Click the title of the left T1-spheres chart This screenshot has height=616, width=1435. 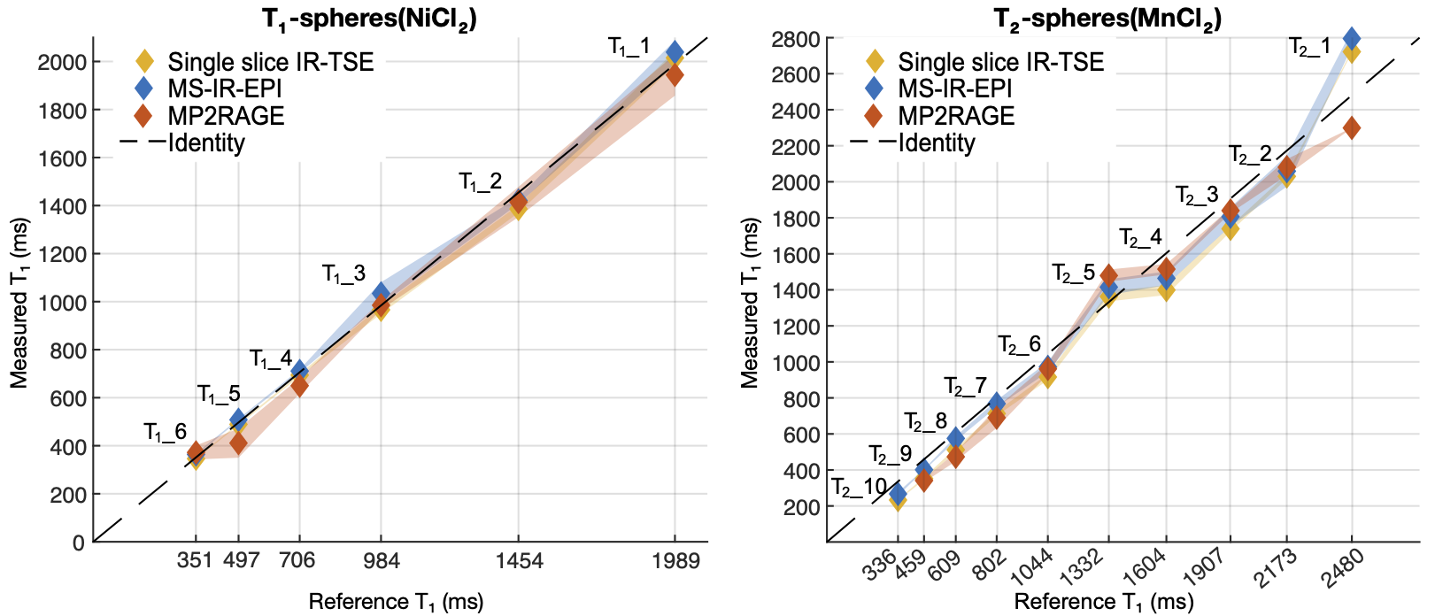click(369, 19)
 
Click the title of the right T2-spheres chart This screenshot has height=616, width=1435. click(1107, 19)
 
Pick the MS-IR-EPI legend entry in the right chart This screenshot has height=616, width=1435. click(955, 89)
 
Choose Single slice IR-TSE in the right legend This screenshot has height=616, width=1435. click(1000, 62)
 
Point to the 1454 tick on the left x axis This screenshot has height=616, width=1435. click(519, 560)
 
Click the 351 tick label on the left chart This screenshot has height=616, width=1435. click(195, 560)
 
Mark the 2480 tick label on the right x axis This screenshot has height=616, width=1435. click(1342, 567)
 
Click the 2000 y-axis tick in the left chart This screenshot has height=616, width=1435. click(61, 62)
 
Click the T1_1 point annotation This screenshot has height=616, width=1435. click(629, 47)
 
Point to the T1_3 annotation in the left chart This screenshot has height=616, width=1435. click(343, 274)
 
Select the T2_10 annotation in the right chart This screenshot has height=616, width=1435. click(859, 488)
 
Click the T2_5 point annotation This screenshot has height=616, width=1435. click(1074, 273)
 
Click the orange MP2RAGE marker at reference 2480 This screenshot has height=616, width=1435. click(1351, 128)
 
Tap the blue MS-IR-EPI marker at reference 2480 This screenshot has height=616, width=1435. click(1351, 39)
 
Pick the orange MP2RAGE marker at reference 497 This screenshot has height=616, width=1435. click(238, 443)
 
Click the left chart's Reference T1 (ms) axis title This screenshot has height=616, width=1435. click(396, 602)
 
